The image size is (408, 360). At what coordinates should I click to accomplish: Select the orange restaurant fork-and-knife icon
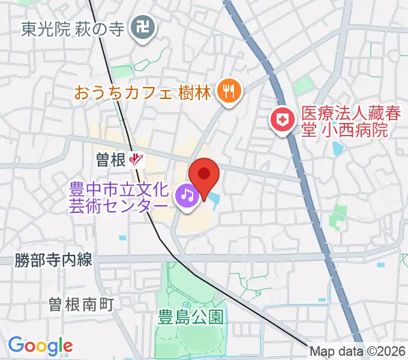coord(229,91)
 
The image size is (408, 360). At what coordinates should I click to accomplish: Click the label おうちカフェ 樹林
coord(143,93)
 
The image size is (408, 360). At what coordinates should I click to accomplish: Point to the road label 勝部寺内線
coord(53,260)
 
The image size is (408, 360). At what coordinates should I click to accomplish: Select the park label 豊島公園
coord(191,317)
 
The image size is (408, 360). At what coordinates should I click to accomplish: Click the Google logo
coord(40,346)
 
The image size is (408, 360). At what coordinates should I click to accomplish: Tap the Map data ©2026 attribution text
coord(358,352)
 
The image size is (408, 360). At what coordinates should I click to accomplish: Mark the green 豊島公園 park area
coord(180,288)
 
